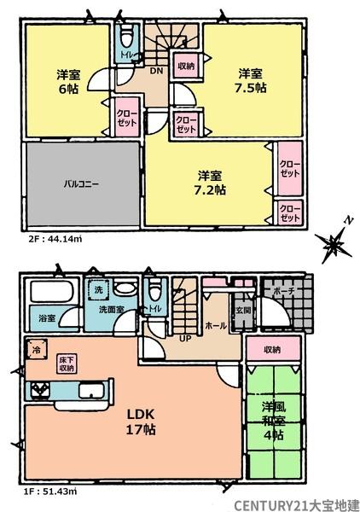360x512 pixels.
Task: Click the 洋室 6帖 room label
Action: coord(68,82)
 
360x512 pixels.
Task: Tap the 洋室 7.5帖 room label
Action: coord(251,81)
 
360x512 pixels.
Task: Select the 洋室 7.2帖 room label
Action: coord(210,183)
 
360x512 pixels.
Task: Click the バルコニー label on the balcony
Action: coord(81,183)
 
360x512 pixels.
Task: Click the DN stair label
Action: coord(156,71)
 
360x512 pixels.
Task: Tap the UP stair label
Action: coord(185,339)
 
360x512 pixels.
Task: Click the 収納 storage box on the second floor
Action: coord(186,66)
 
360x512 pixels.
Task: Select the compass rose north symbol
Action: coord(334,243)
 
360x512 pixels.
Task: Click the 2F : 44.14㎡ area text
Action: coord(55,239)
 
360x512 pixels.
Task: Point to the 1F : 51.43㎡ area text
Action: coord(50,492)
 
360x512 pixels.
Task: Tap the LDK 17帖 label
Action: coord(141,422)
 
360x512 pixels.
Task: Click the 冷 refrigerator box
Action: coord(36,350)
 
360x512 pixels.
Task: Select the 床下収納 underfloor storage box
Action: coord(67,364)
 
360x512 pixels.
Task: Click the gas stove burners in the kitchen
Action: coord(40,391)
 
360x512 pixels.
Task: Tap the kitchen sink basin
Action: coord(91,391)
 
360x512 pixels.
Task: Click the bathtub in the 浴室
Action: coord(51,292)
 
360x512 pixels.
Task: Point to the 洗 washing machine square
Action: coord(98,289)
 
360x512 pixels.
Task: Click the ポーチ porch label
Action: coord(284,291)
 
